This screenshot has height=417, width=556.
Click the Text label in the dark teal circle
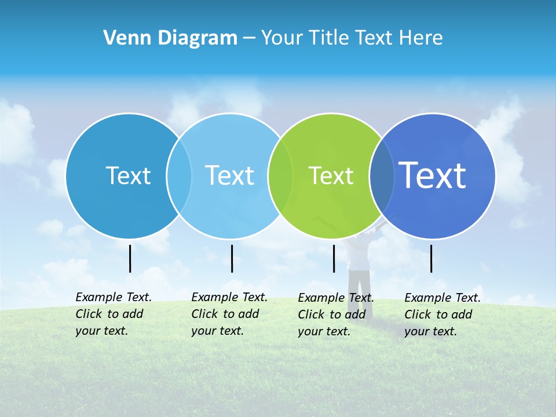tap(128, 175)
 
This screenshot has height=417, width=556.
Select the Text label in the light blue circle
tap(229, 175)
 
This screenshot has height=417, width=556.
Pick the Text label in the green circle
tap(331, 175)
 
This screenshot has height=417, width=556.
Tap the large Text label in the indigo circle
tap(432, 175)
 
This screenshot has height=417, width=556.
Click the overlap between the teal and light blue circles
tap(179, 175)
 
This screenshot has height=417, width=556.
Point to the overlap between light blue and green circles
tap(280, 175)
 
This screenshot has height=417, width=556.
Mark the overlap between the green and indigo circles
tap(382, 175)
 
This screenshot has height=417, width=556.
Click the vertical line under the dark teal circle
tap(130, 258)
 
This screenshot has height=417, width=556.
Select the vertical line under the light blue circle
tap(232, 258)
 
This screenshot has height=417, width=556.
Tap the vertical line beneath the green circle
tap(334, 258)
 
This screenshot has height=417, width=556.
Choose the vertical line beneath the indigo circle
tap(431, 258)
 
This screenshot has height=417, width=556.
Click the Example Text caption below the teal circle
tap(113, 314)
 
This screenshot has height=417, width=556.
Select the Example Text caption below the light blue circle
tap(229, 314)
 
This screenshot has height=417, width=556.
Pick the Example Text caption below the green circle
tap(335, 314)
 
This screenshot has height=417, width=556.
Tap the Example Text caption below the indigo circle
tap(442, 314)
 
